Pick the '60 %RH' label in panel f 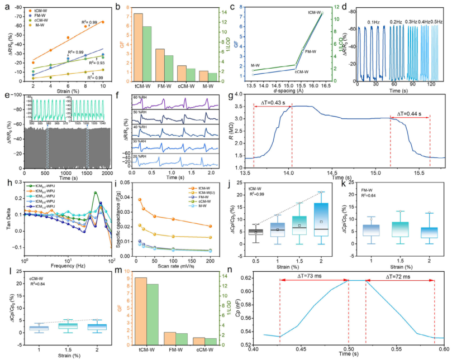(x=141, y=98)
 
